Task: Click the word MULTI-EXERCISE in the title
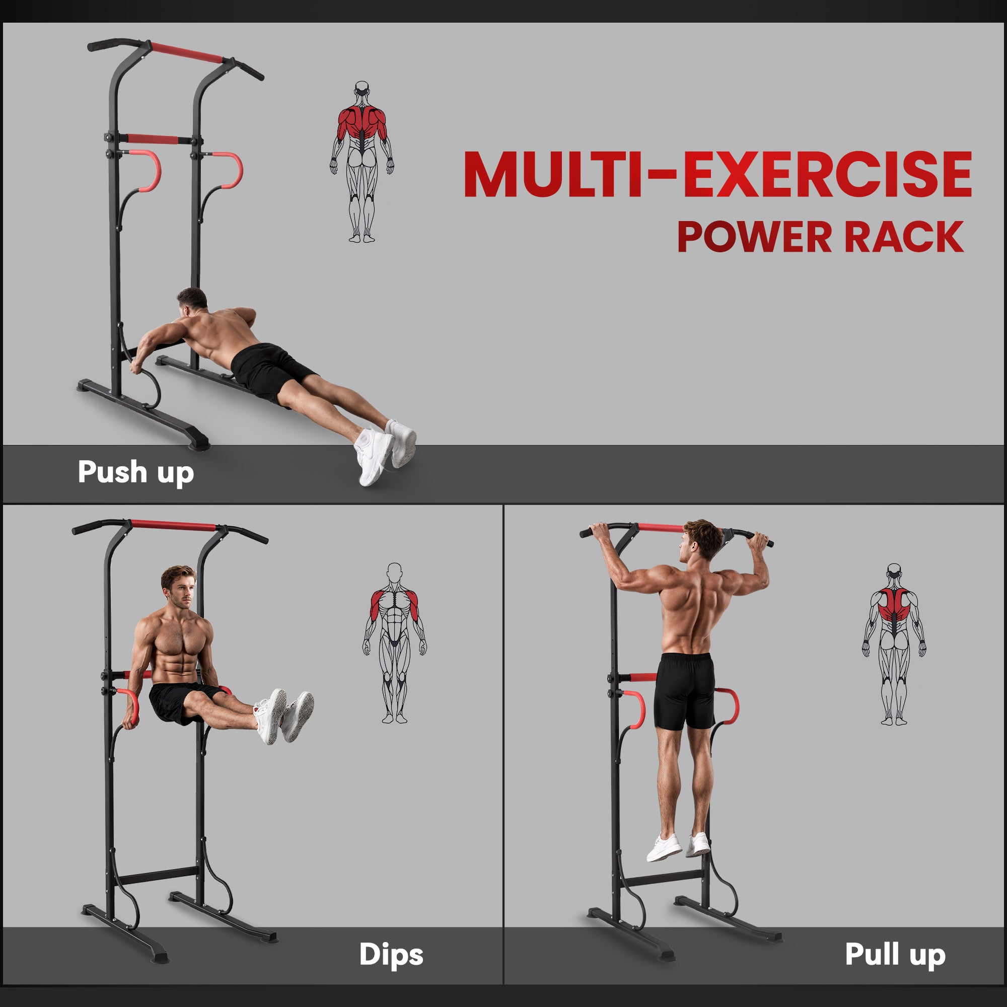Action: click(717, 175)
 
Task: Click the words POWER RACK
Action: click(820, 237)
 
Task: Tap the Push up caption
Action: click(135, 472)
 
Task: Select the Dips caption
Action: click(391, 954)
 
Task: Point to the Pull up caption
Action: click(895, 954)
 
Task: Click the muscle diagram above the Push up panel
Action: click(362, 162)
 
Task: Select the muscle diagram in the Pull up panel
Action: click(893, 644)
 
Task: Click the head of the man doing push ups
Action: click(191, 301)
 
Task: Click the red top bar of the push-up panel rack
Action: click(186, 54)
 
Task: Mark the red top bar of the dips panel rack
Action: click(173, 525)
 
